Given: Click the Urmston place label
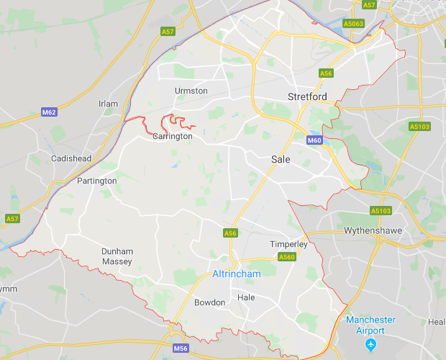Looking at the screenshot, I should (191, 91).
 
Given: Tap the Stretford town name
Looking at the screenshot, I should (307, 96).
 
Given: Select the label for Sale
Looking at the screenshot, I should (281, 159).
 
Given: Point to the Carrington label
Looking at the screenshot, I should (173, 136).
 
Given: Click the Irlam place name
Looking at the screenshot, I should (108, 104).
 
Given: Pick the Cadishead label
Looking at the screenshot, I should (70, 158).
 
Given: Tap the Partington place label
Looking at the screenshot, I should (96, 181).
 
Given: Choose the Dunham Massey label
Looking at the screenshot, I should (117, 256).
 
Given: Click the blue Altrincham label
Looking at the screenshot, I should (237, 274).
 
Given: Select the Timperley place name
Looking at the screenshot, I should (288, 244).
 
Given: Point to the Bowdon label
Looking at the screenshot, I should (209, 302).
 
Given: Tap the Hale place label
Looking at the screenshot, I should (246, 297).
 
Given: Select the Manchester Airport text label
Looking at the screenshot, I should (370, 324).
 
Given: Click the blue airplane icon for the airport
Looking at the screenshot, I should (370, 344).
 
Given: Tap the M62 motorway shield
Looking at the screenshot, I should (49, 112).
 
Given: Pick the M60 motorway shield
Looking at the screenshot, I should (314, 140).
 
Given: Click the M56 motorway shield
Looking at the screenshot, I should (181, 348).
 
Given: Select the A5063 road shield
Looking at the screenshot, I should (353, 23).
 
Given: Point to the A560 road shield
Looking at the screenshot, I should (286, 257).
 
